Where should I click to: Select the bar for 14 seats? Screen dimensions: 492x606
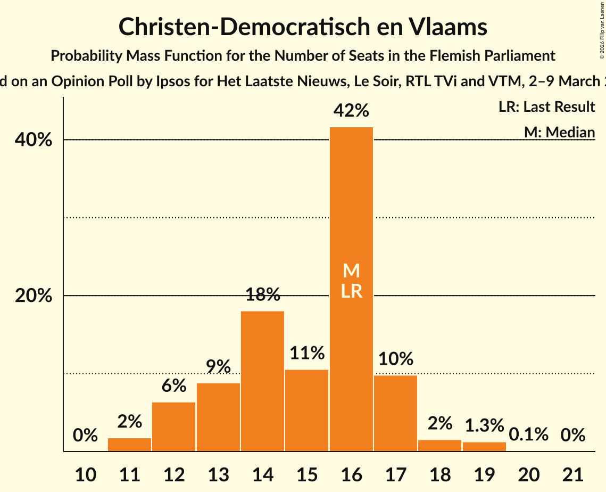[262, 381]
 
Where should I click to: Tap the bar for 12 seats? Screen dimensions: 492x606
[174, 427]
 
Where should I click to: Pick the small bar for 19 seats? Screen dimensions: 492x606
[484, 447]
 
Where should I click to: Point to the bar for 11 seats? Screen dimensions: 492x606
[130, 445]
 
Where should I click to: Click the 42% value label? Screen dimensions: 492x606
[351, 111]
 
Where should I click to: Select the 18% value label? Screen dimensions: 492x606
[262, 294]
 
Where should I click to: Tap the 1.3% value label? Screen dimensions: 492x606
[484, 425]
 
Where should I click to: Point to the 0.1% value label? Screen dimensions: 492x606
[528, 434]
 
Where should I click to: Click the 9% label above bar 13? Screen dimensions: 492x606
[218, 367]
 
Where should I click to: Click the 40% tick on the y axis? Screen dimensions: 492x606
[34, 140]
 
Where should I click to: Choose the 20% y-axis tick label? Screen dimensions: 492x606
[34, 296]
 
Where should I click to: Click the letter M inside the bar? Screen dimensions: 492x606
[351, 271]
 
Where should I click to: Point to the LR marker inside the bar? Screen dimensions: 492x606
[351, 291]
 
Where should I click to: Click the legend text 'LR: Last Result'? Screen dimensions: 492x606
[546, 107]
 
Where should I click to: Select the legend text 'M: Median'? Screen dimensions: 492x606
[559, 132]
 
